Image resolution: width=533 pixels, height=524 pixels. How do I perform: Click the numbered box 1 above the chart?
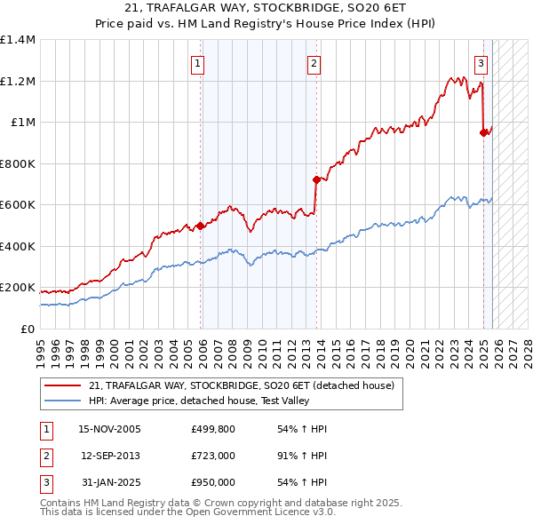pos(196,63)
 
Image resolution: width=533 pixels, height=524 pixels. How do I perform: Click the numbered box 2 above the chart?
pos(314,63)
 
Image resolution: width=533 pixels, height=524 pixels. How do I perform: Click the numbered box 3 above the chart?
pos(481,63)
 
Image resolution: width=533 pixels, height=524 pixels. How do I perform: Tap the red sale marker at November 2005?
pos(201,226)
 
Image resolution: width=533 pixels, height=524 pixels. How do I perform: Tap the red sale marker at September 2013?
pos(316,179)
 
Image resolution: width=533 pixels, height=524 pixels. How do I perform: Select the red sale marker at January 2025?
pos(484,132)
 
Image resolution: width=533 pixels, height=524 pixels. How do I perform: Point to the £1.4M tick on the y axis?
pos(18,40)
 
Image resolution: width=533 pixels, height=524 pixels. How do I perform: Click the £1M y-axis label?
pos(23,123)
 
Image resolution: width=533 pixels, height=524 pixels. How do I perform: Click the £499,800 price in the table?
pos(212,429)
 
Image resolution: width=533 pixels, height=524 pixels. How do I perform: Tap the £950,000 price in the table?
pos(212,482)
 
